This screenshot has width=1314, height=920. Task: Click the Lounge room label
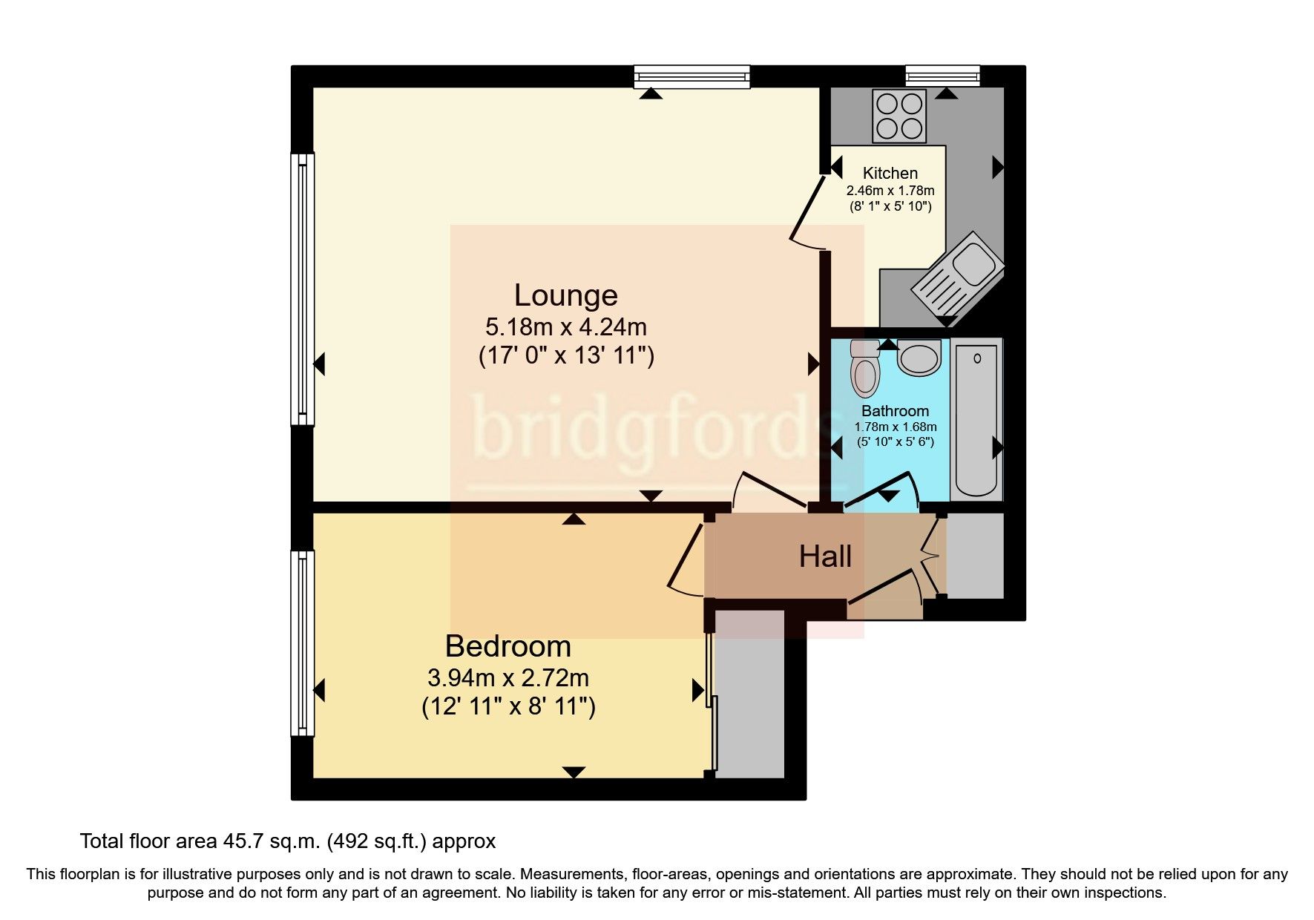(565, 295)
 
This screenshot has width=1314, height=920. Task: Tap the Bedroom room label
(507, 646)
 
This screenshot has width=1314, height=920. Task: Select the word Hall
(825, 556)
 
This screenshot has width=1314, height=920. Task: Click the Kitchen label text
(890, 173)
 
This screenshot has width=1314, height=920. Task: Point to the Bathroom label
(895, 411)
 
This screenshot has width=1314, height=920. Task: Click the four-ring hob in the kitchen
(899, 116)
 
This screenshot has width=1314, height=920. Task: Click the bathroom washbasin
(919, 357)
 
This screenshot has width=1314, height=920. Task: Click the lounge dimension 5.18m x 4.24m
(565, 326)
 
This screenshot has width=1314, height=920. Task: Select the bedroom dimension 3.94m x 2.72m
(507, 677)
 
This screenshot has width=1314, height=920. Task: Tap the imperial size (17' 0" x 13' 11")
(565, 356)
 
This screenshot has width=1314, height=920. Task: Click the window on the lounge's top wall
(692, 76)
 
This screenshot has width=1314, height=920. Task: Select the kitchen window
(942, 75)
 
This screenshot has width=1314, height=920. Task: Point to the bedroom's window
(302, 643)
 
